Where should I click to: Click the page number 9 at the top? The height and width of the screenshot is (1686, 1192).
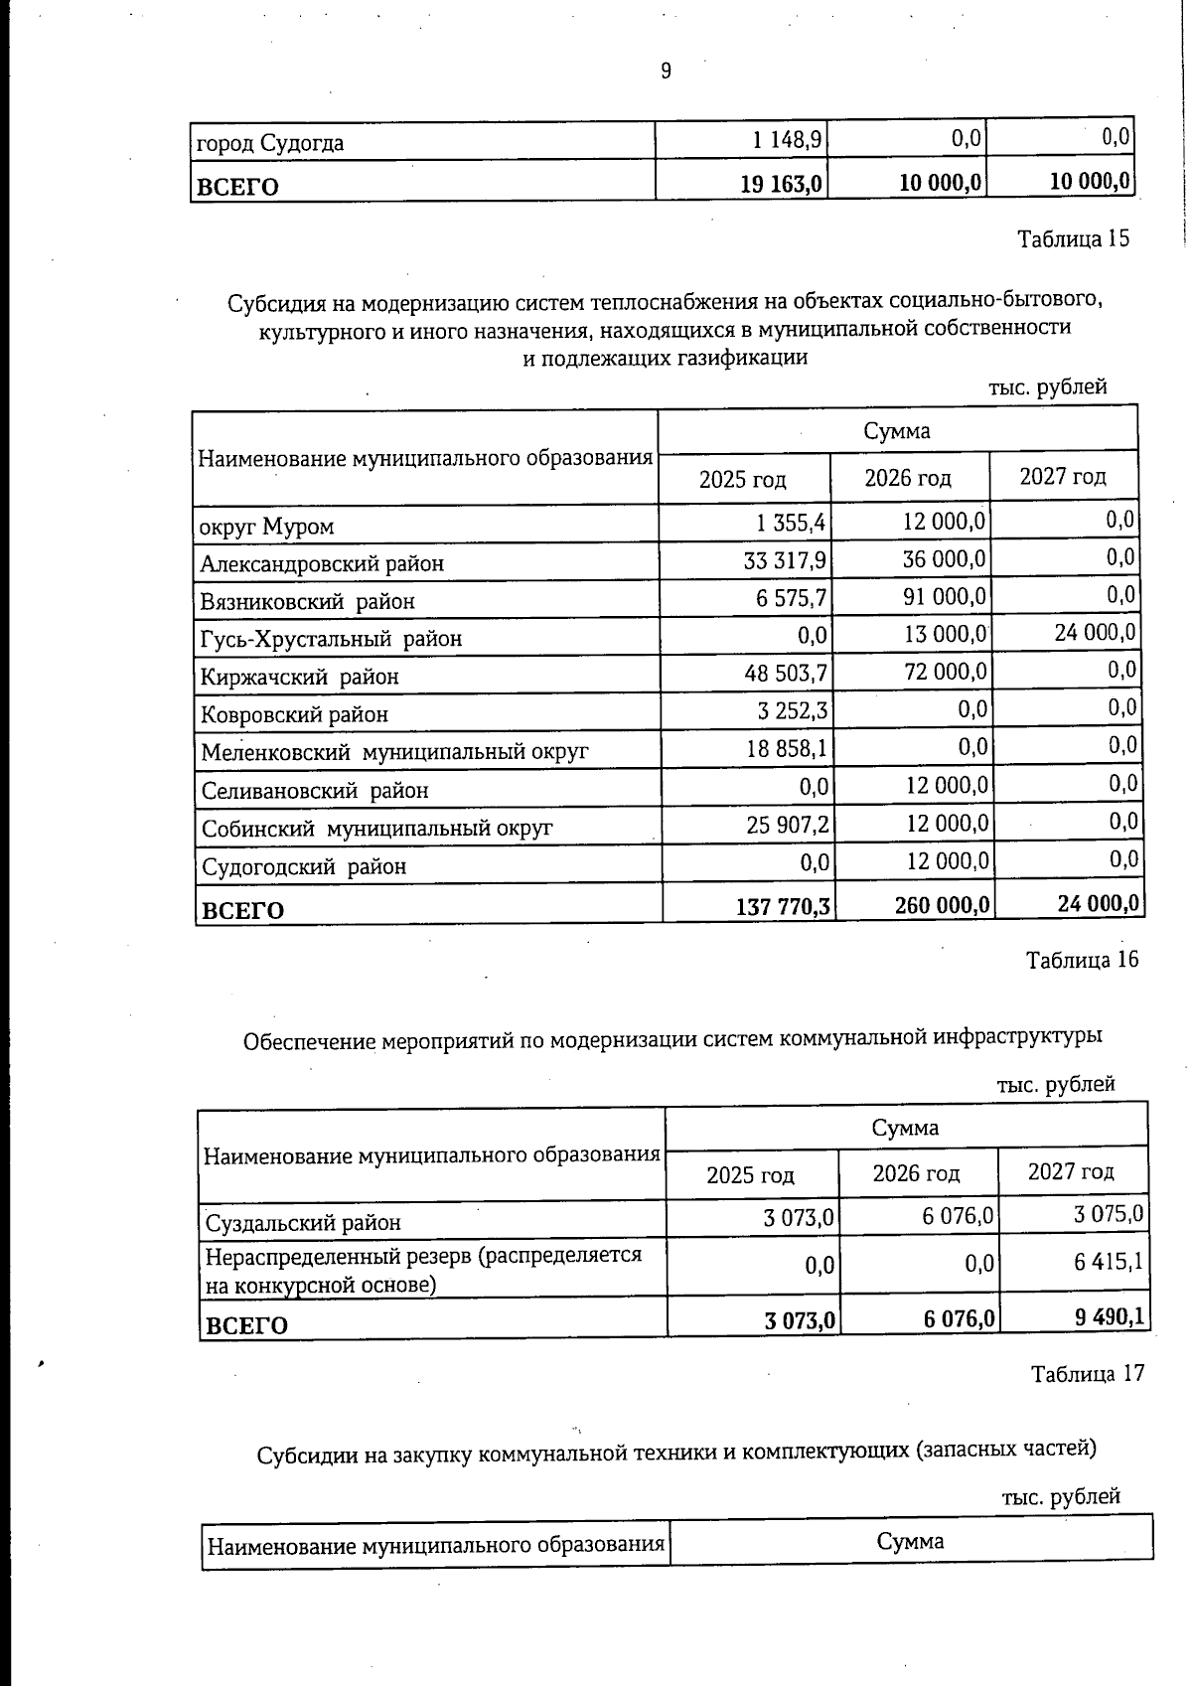pyautogui.click(x=666, y=71)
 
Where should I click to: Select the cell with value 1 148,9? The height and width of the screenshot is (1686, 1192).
pyautogui.click(x=787, y=140)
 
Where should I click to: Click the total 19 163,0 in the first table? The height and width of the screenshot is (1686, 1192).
pyautogui.click(x=781, y=184)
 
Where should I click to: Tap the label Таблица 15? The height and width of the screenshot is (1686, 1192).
pyautogui.click(x=1073, y=239)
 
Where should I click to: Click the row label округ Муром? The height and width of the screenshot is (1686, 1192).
pyautogui.click(x=266, y=527)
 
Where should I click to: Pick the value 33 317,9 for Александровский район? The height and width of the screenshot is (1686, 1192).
pyautogui.click(x=785, y=560)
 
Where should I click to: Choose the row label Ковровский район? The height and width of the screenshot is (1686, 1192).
pyautogui.click(x=294, y=714)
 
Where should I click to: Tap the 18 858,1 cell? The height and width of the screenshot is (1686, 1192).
pyautogui.click(x=787, y=749)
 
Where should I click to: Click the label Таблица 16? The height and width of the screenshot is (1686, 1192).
pyautogui.click(x=1082, y=960)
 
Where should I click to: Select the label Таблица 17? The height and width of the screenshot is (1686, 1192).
pyautogui.click(x=1088, y=1374)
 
